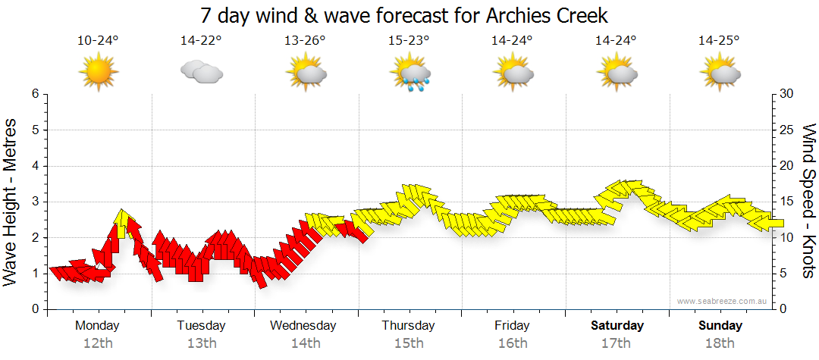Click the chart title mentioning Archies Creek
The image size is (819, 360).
[404, 15]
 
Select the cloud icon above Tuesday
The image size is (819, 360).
[201, 72]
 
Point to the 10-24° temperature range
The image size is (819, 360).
[98, 41]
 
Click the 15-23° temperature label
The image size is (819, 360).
[409, 41]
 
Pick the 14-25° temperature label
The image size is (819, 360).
[719, 41]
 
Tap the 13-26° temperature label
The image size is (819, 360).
[305, 41]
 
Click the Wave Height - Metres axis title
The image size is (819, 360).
[12, 202]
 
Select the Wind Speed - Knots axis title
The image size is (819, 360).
[808, 202]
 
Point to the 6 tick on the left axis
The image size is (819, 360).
[34, 94]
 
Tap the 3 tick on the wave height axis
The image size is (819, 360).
[34, 202]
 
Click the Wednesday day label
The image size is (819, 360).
[303, 326]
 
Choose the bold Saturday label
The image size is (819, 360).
[617, 326]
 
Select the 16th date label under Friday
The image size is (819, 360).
[513, 343]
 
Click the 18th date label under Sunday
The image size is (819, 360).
[720, 343]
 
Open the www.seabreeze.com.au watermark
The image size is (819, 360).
[723, 302]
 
